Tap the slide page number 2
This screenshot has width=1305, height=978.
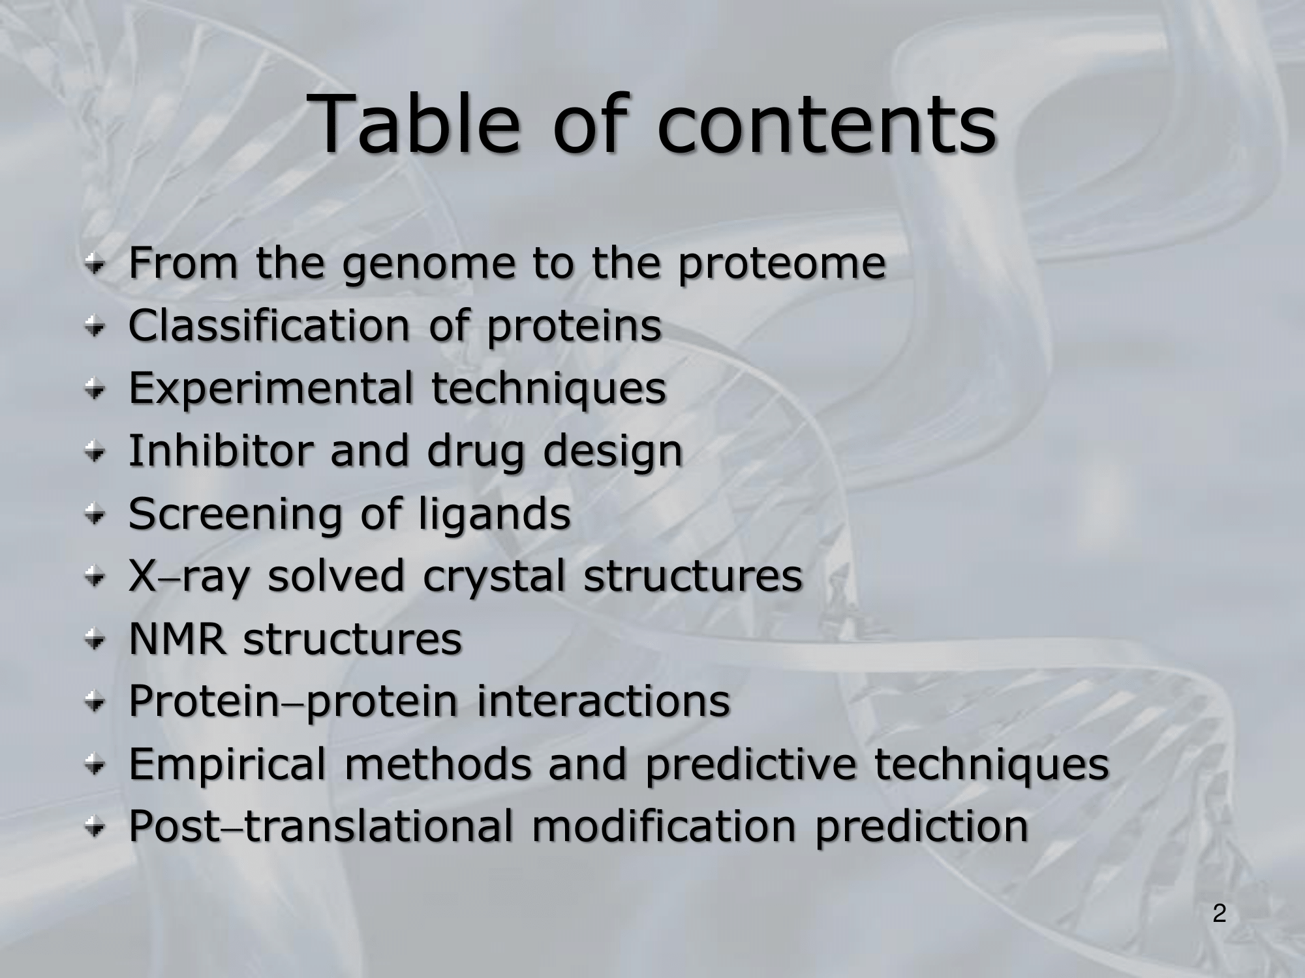[1219, 913]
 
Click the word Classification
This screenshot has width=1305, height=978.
[268, 324]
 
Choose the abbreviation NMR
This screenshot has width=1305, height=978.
[177, 638]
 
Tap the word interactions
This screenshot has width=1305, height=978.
[603, 700]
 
